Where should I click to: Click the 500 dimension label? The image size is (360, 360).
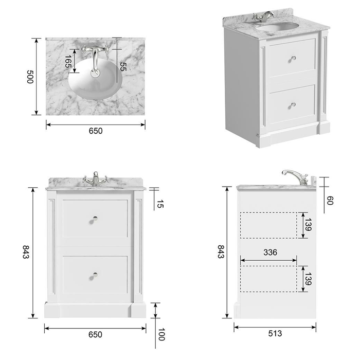pos(30,77)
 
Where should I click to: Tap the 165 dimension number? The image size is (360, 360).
pos(67,61)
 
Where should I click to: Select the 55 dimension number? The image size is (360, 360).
pos(123,66)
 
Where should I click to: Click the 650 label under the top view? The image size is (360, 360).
pos(96,131)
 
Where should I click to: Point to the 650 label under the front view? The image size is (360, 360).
pos(95,334)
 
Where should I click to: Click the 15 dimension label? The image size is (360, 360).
pos(160,204)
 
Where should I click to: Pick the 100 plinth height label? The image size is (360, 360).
pos(161,334)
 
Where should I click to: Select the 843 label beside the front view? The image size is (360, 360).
pos(26,252)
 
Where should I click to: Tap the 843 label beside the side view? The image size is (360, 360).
pos(221,251)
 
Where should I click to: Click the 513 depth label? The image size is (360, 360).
pos(275,333)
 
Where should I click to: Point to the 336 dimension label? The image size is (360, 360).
pos(270,253)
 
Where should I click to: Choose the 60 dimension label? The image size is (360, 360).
pos(330,200)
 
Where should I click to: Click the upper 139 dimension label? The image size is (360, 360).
pos(309,225)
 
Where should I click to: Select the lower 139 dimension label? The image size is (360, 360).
pos(309,279)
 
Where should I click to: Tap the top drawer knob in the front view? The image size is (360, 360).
pos(94,220)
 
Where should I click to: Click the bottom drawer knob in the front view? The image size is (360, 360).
pos(94,276)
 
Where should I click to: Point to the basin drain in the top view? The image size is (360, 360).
pos(95,73)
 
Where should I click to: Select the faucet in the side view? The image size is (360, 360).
pos(296,177)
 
